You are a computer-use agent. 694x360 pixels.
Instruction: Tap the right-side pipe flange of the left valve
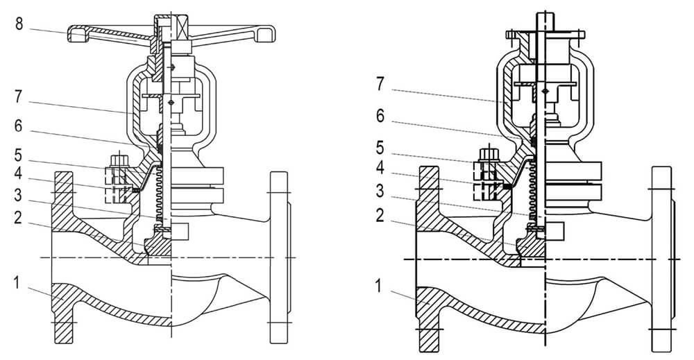tap(279, 257)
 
